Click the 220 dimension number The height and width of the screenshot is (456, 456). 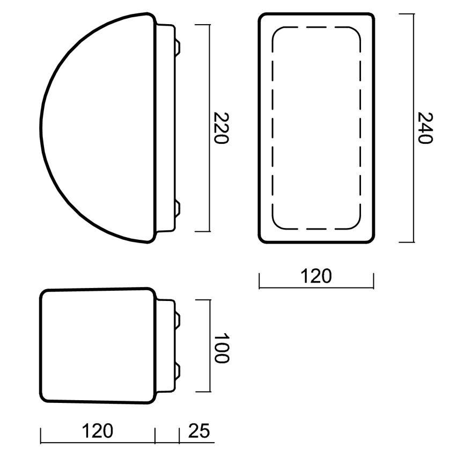[221, 128]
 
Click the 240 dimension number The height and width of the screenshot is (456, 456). [425, 128]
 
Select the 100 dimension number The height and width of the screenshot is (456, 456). [222, 348]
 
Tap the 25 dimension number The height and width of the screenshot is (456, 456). [199, 431]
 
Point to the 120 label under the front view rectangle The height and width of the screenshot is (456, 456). [316, 276]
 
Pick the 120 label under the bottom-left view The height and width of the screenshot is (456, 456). [98, 431]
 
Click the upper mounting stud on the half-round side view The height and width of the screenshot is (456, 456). [178, 47]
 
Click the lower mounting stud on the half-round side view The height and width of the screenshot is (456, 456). [178, 209]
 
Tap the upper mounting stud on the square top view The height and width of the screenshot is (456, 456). [178, 319]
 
